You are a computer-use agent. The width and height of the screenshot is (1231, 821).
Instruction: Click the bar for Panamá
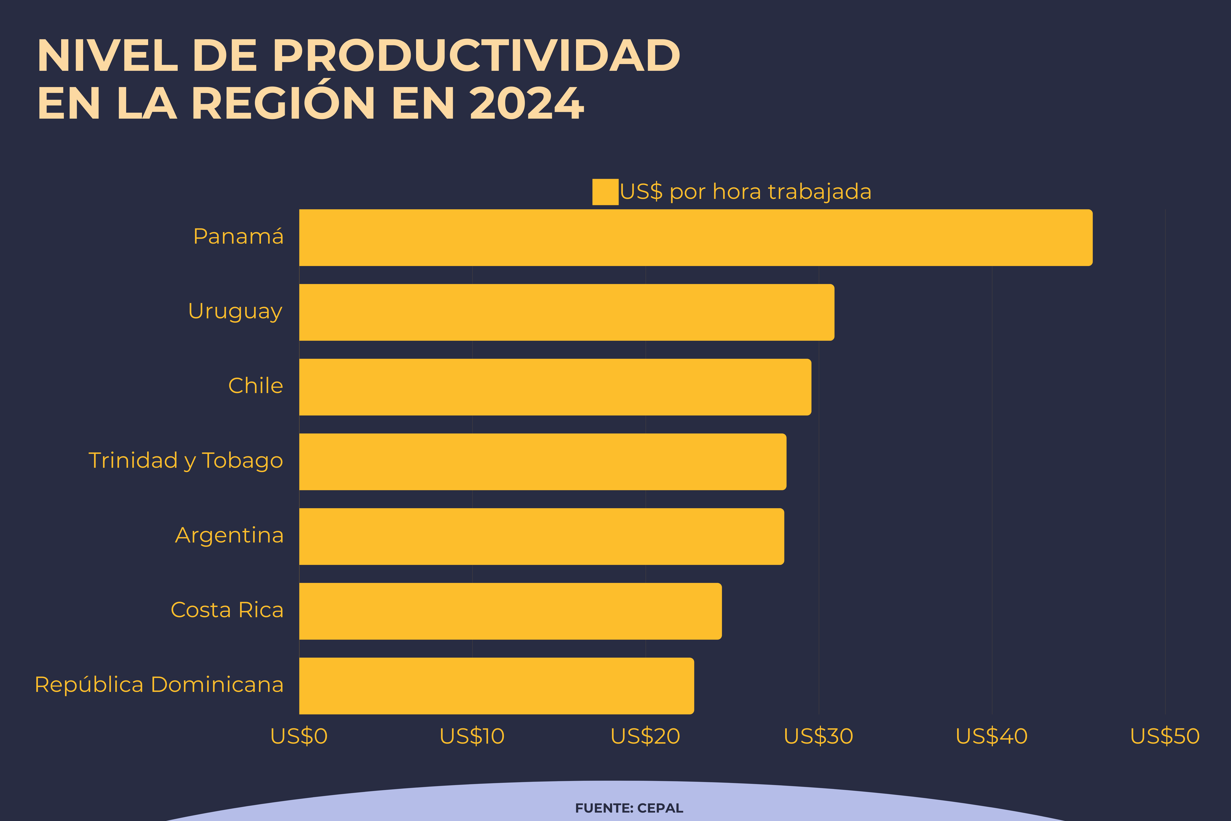[696, 238]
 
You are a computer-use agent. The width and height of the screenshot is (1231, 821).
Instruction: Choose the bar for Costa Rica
[510, 611]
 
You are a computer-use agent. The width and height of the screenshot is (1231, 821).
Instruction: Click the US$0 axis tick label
[299, 736]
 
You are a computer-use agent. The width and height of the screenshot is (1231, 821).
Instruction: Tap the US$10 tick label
[472, 736]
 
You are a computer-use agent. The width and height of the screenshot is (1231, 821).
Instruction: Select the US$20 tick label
[645, 736]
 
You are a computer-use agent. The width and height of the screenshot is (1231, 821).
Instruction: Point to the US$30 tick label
[819, 736]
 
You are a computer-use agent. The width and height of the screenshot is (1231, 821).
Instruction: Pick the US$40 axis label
[992, 736]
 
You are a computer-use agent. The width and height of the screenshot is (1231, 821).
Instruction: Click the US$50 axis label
[1165, 736]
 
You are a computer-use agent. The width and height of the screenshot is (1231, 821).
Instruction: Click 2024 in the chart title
[526, 103]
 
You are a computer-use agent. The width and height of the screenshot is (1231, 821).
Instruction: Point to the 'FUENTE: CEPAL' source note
[629, 808]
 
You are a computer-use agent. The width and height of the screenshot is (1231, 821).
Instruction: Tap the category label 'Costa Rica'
[227, 610]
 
